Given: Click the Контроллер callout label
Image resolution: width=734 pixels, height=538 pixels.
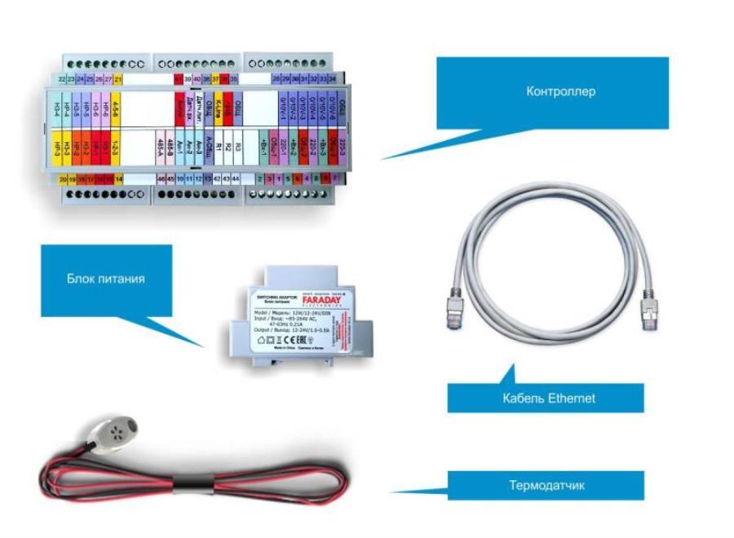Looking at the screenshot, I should [x=560, y=91].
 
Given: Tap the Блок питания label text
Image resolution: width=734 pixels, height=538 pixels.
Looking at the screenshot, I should [x=106, y=279].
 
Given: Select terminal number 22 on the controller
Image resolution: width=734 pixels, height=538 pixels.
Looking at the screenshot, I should [x=63, y=79].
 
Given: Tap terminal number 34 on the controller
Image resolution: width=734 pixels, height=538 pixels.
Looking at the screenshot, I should [x=333, y=79].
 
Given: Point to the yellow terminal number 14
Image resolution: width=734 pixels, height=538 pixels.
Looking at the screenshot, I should [x=119, y=178].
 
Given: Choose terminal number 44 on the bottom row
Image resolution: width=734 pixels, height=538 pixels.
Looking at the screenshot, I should [x=236, y=178].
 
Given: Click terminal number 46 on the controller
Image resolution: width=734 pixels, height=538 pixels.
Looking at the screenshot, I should [x=161, y=178].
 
